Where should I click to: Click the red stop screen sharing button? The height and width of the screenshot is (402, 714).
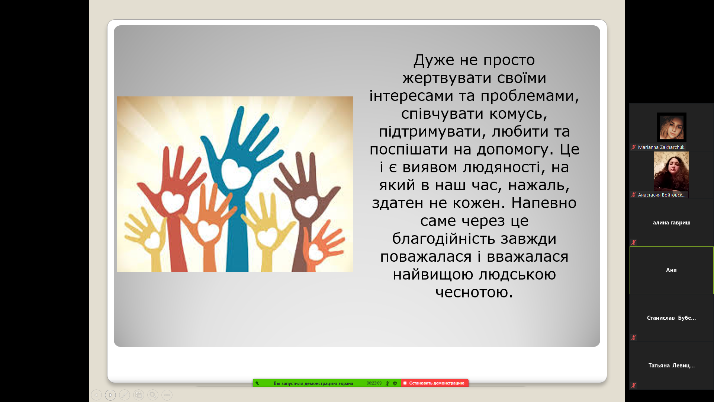click(x=434, y=383)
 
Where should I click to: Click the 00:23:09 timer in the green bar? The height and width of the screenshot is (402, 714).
click(x=374, y=383)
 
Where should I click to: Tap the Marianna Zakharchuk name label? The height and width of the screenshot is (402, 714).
click(x=661, y=147)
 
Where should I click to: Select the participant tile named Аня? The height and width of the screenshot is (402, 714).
click(x=671, y=270)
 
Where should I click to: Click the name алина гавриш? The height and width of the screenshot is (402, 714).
click(x=672, y=223)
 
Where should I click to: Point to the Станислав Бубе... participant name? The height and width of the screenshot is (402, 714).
click(x=671, y=318)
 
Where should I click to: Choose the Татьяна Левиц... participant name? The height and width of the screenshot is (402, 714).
click(x=672, y=366)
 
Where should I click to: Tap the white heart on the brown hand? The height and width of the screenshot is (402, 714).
click(x=306, y=207)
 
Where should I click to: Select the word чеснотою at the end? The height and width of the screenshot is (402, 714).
click(x=474, y=292)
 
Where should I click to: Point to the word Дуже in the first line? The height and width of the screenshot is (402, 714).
click(x=434, y=60)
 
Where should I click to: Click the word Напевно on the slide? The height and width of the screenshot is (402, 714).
click(x=544, y=203)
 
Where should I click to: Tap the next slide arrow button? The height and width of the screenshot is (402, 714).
click(x=110, y=395)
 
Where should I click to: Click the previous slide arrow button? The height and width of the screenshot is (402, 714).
click(x=96, y=395)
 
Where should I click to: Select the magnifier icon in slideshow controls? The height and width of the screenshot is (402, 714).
click(x=153, y=395)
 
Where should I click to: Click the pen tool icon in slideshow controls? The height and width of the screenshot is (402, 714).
click(x=125, y=395)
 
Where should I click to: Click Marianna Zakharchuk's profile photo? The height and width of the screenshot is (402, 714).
click(x=672, y=127)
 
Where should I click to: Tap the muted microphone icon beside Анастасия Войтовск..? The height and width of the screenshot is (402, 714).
click(x=634, y=195)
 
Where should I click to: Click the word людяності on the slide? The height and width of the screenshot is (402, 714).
click(x=502, y=167)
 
